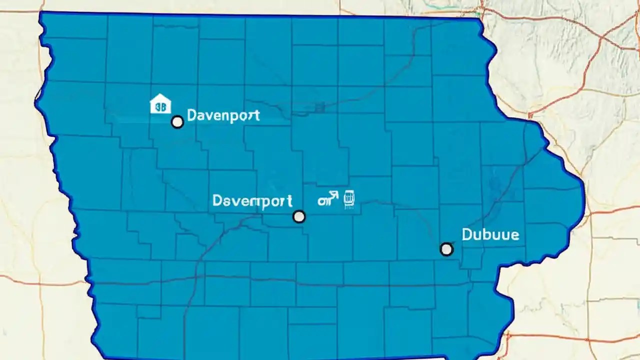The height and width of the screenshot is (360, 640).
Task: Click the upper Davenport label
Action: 223,115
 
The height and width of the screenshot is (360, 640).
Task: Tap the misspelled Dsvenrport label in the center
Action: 252,201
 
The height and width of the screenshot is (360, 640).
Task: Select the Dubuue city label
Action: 490,234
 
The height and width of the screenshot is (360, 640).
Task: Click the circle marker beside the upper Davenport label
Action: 177,122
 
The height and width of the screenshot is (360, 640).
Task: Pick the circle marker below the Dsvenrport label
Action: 299,216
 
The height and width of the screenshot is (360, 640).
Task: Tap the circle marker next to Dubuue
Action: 446,249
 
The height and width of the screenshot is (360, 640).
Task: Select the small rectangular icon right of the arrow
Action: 348,199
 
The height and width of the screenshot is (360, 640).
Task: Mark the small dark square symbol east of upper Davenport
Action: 320,107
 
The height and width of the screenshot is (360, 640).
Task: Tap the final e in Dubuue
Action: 514,235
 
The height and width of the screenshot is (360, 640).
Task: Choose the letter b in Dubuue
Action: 489,234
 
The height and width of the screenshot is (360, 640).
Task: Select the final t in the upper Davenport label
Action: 256,115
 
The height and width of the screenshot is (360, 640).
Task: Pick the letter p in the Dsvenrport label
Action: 265,203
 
